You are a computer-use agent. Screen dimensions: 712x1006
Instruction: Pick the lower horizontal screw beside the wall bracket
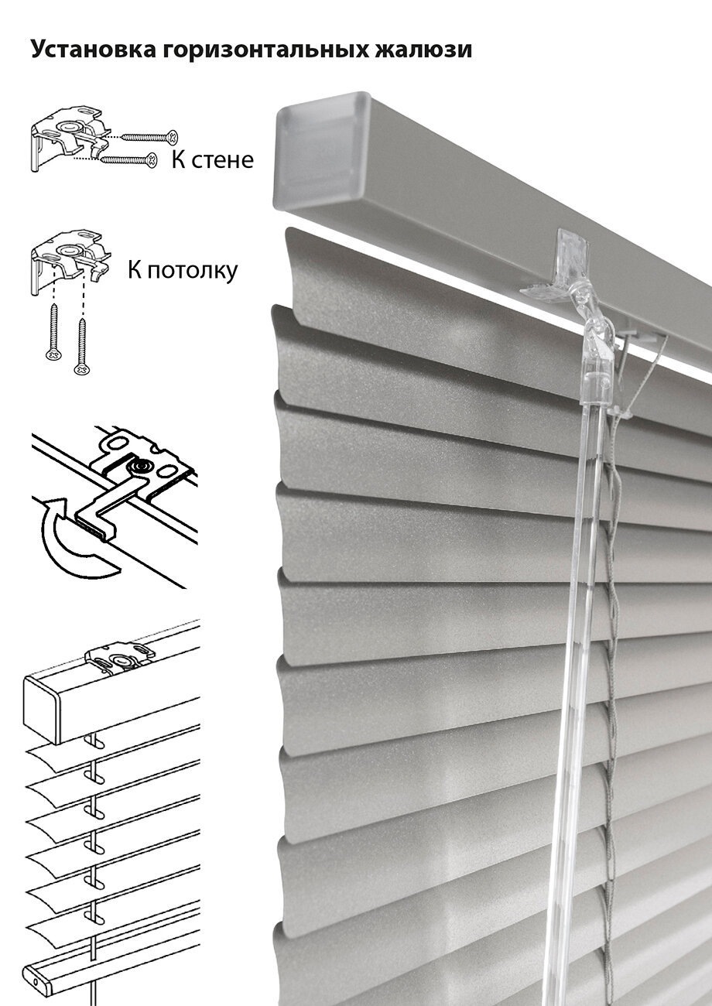(127, 160)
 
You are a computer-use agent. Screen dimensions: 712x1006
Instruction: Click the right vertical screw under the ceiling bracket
(81, 341)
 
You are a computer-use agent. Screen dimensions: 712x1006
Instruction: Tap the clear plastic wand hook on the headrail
(570, 271)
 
